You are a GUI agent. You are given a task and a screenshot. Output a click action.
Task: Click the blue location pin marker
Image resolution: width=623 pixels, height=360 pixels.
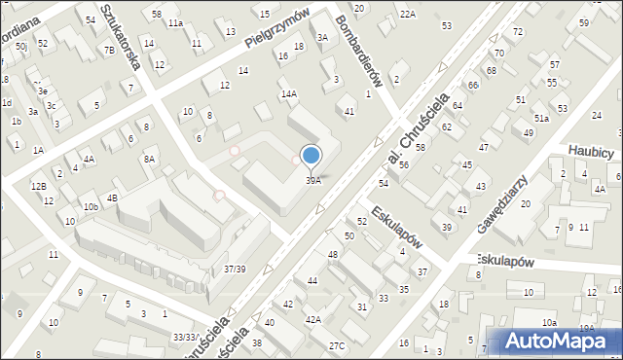coord(311,156)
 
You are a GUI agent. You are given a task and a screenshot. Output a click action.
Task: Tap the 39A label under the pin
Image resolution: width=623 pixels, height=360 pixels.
coord(312,180)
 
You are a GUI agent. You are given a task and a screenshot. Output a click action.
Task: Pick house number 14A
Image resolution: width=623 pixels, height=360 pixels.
coord(288,94)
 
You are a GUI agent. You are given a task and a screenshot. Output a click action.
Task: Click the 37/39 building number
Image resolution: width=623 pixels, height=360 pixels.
coord(234,269)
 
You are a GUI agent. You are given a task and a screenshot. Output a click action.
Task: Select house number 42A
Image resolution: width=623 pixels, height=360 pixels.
coord(312,319)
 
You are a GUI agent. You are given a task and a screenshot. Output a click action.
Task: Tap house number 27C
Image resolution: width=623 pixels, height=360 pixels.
coord(336,346)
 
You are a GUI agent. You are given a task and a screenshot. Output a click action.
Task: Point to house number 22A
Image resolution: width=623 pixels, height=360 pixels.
coord(407,14)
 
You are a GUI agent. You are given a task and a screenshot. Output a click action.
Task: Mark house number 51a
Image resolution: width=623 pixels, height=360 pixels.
coord(540,118)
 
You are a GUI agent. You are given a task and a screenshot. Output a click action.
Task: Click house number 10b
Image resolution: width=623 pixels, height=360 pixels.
coord(90,207)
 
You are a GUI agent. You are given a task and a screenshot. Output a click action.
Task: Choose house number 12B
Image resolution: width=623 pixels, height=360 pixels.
coord(38,186)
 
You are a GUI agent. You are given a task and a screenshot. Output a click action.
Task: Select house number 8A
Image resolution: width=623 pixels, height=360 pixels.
coord(149,159)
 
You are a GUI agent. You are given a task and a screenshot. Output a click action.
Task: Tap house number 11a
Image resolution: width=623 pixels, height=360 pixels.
coord(174,22)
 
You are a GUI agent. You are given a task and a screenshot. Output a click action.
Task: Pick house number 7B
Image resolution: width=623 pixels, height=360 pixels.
coord(109,50)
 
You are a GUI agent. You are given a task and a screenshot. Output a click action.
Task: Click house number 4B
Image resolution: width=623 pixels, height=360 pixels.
coord(112,198)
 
